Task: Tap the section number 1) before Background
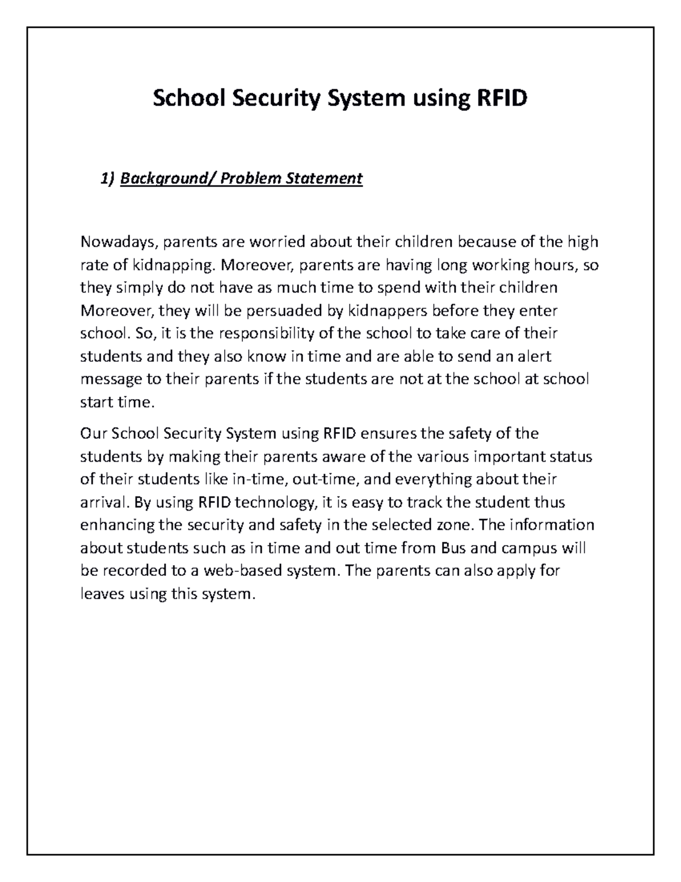pyautogui.click(x=107, y=179)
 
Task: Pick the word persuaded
pyautogui.click(x=278, y=311)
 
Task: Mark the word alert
pyautogui.click(x=532, y=356)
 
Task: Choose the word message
pyautogui.click(x=110, y=379)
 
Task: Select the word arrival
pyautogui.click(x=102, y=503)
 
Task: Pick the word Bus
pyautogui.click(x=453, y=548)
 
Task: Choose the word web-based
pyautogui.click(x=244, y=571)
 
